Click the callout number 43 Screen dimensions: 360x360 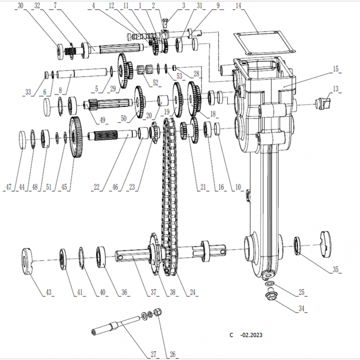[48, 292]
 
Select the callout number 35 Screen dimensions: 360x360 [336, 269]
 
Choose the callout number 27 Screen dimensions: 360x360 [153, 353]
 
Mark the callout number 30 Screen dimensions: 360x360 [20, 6]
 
